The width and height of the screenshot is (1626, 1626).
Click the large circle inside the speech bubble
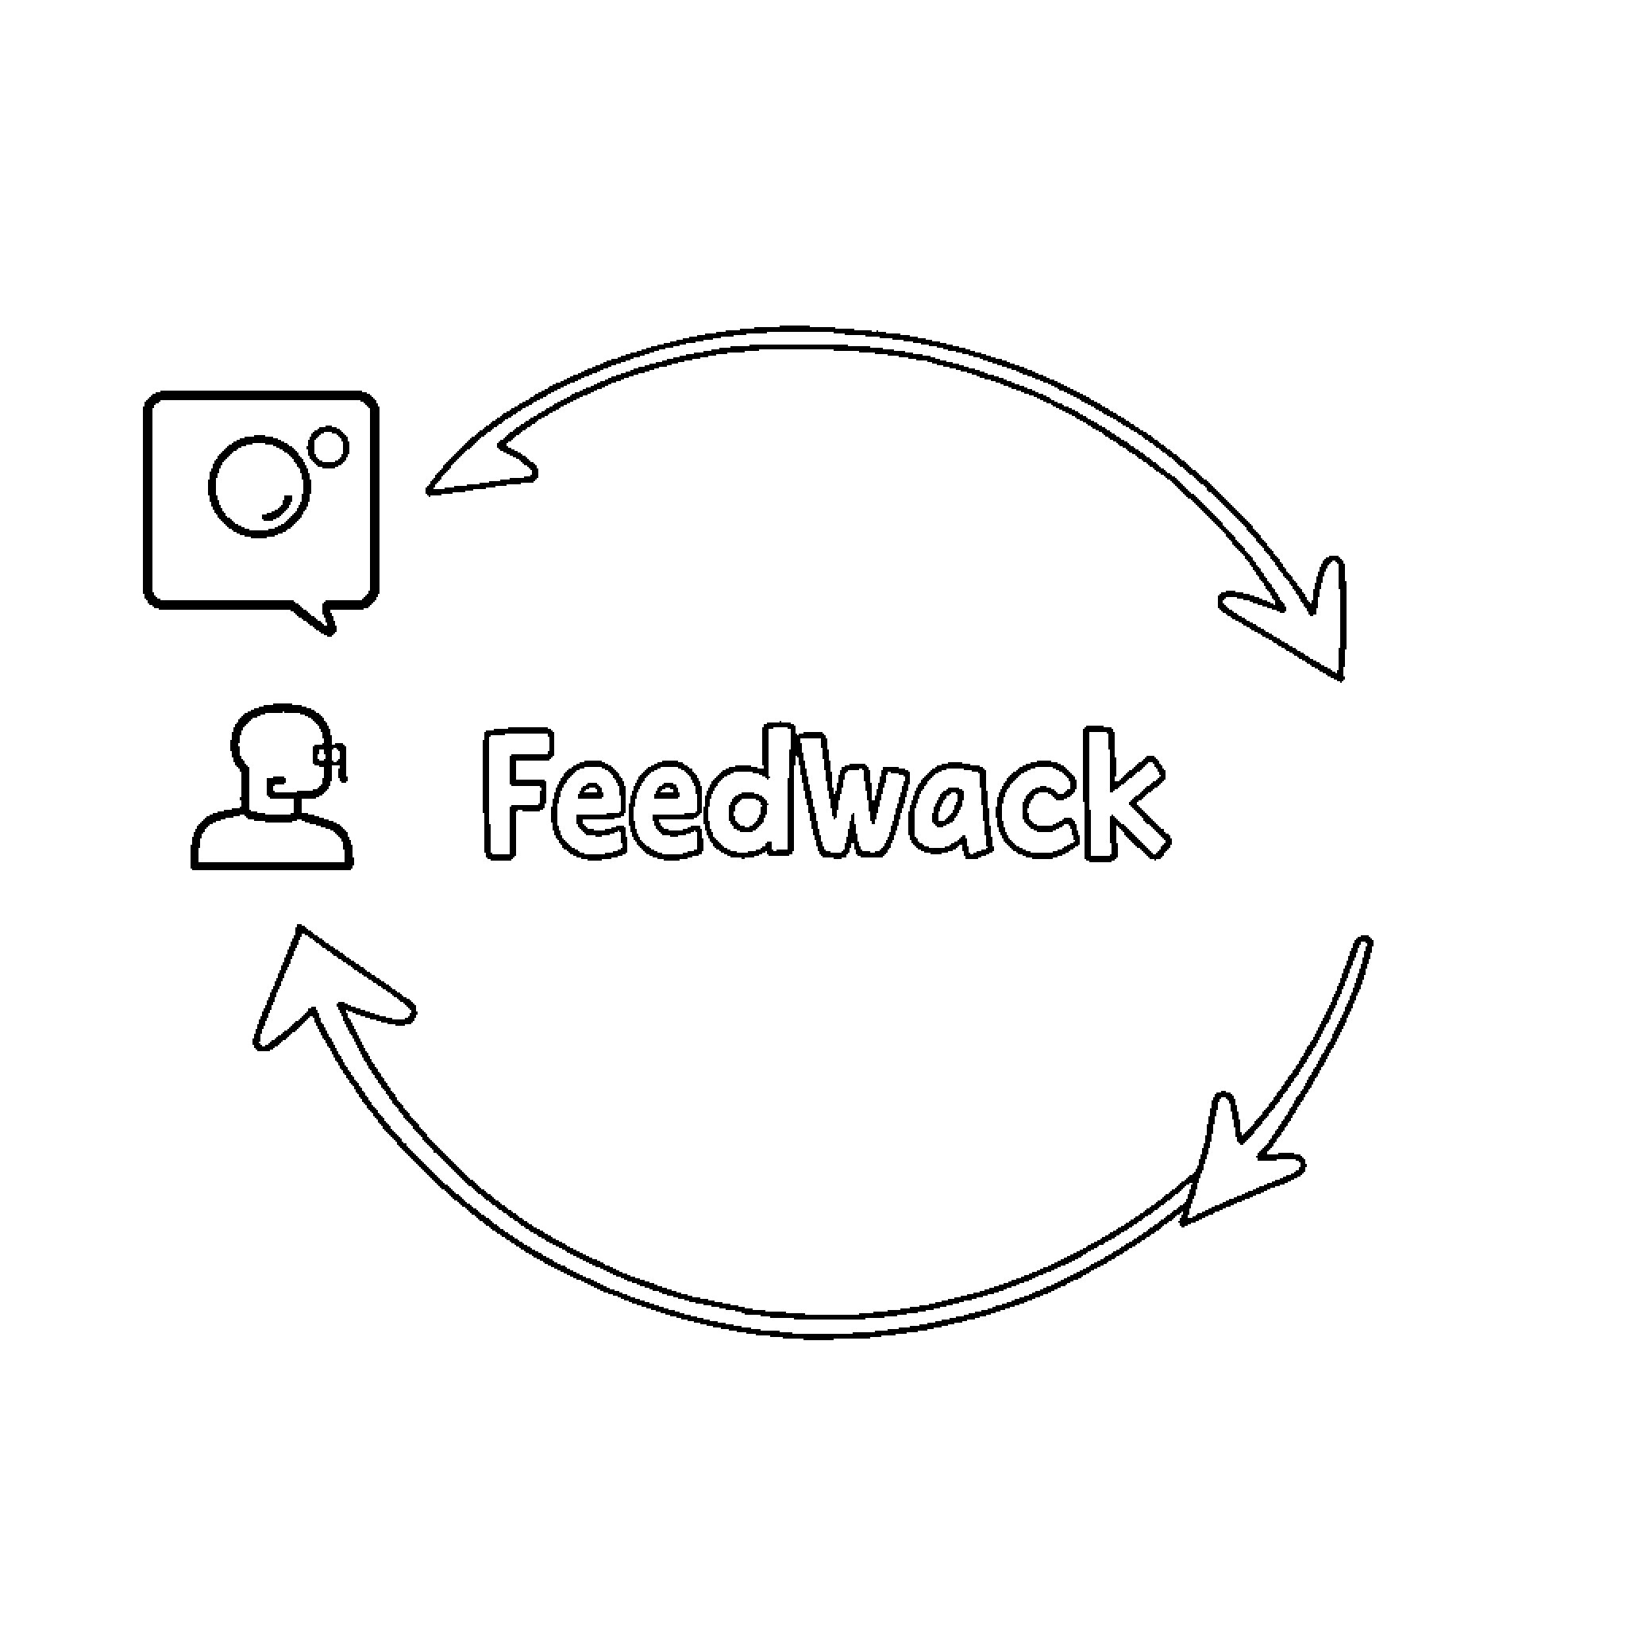(259, 486)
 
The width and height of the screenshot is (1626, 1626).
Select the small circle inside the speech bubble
(328, 447)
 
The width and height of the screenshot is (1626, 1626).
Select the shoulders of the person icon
(272, 841)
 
